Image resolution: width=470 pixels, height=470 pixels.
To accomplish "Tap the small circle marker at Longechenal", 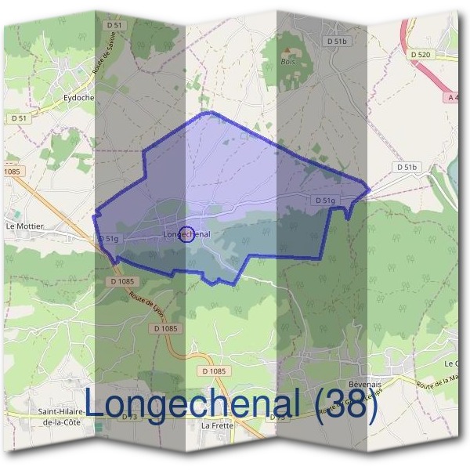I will tap(186, 233).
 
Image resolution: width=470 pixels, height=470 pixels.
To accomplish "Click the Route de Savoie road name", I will tap(99, 58).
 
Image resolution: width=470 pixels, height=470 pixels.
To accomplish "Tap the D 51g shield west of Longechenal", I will tap(108, 238).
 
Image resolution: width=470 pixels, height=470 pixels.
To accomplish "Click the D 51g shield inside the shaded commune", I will tap(325, 201).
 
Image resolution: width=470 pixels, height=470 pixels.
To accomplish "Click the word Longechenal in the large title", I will tap(192, 404).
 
